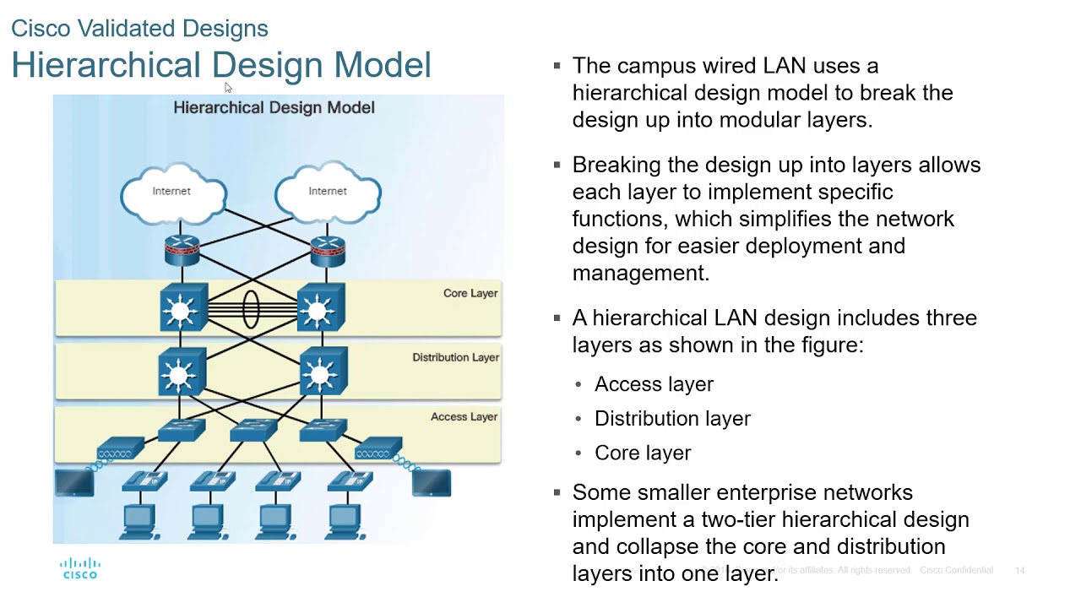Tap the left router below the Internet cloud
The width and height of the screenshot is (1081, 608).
182,249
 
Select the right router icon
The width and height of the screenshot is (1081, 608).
327,249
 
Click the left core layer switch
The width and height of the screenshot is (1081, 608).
182,309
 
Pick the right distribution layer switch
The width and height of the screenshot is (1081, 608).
323,372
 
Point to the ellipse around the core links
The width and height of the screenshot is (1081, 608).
251,309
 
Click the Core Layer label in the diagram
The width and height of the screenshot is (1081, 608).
470,293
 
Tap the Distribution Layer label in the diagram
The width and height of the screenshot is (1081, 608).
455,357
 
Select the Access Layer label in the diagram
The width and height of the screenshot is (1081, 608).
464,416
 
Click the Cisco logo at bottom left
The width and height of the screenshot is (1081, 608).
80,568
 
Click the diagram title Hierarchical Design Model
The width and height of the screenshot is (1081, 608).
274,107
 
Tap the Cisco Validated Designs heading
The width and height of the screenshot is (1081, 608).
139,29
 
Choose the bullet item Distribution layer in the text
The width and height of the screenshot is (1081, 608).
672,419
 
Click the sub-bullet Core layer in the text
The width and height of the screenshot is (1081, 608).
643,453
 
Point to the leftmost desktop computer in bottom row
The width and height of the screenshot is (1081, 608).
138,520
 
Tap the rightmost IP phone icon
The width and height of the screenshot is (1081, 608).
350,481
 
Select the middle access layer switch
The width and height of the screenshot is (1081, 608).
253,429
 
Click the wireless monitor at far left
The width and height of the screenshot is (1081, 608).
74,483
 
